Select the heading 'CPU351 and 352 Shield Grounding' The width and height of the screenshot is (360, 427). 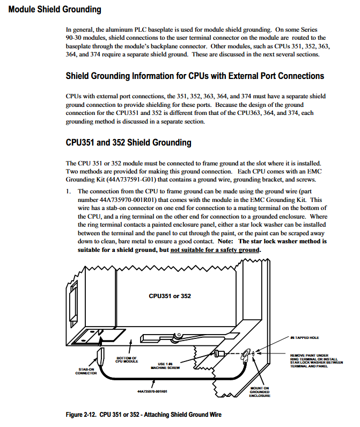coord(128,142)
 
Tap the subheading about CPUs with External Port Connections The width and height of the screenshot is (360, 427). coord(195,76)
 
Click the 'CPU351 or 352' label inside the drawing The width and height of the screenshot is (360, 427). coord(170,296)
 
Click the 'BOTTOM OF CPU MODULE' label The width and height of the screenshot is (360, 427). coord(127,359)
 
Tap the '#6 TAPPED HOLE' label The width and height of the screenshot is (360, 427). coord(304,338)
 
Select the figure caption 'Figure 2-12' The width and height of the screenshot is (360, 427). coord(143,415)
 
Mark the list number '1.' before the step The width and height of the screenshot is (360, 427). coord(69,191)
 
